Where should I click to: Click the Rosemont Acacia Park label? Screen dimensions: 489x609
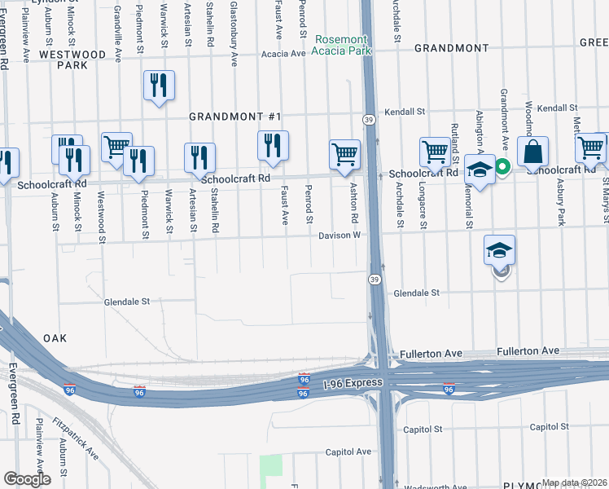tap(342, 45)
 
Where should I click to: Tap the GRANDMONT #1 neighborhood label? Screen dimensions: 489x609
tap(234, 117)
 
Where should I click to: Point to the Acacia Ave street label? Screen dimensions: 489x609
tap(283, 54)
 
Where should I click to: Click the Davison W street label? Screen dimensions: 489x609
tap(339, 236)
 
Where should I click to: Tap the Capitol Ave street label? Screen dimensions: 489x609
tap(348, 451)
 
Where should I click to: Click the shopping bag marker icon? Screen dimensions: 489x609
tap(532, 152)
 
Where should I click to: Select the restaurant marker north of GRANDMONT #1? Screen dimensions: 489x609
tap(159, 85)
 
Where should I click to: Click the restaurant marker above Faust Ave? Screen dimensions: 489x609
tap(273, 145)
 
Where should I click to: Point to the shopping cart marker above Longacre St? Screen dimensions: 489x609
tap(435, 151)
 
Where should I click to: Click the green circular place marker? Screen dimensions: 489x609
tap(503, 167)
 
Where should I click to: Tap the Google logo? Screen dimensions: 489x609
tap(27, 479)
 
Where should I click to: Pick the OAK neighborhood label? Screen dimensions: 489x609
tap(55, 337)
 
